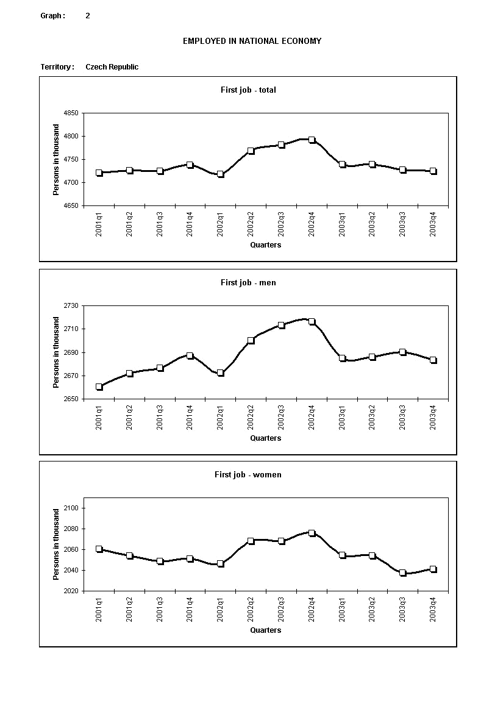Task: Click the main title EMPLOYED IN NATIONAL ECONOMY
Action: pyautogui.click(x=252, y=41)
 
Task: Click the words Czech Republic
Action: pyautogui.click(x=112, y=67)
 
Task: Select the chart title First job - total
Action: pyautogui.click(x=248, y=90)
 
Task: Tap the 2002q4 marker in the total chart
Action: pyautogui.click(x=312, y=140)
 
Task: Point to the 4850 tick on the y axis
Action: pyautogui.click(x=71, y=113)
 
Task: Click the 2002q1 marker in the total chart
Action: pyautogui.click(x=221, y=174)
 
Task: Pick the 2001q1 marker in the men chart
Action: pyautogui.click(x=99, y=387)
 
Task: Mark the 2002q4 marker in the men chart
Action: pyautogui.click(x=312, y=321)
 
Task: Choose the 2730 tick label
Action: pyautogui.click(x=71, y=305)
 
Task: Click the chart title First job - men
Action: pyautogui.click(x=248, y=282)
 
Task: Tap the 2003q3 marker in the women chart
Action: pyautogui.click(x=402, y=573)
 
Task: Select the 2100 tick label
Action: pyautogui.click(x=71, y=508)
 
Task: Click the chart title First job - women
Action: pyautogui.click(x=248, y=474)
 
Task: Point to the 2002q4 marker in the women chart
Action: pyautogui.click(x=312, y=533)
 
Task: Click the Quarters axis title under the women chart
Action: pyautogui.click(x=265, y=630)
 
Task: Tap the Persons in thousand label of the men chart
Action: pyautogui.click(x=56, y=352)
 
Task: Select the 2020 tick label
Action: pyautogui.click(x=71, y=591)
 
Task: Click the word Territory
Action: pyautogui.click(x=57, y=67)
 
